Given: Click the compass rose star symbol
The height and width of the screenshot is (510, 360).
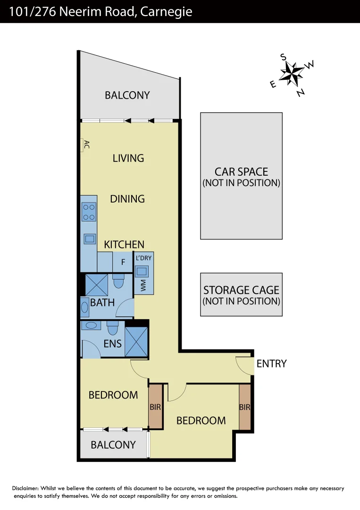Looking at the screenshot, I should tap(292, 73).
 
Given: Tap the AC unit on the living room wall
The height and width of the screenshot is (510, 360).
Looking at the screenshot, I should tap(84, 145).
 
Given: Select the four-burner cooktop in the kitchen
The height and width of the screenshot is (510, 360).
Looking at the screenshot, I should tap(89, 212).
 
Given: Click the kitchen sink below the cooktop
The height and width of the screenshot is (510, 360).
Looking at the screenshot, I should tap(90, 238).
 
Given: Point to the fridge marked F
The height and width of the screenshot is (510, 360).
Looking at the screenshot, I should tap(123, 262).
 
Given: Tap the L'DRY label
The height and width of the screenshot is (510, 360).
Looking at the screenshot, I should tap(144, 258).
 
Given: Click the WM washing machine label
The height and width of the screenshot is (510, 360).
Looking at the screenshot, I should tap(144, 285).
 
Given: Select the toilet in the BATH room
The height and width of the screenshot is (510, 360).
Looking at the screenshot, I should tap(118, 282).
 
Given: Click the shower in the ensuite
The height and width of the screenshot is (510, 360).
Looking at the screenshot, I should tap(136, 341).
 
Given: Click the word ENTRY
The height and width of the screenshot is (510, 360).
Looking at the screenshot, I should tap(271, 364).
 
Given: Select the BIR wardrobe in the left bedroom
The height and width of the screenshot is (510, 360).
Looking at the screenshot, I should tap(156, 406).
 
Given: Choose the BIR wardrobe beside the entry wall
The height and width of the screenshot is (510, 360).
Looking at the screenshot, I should tap(244, 407).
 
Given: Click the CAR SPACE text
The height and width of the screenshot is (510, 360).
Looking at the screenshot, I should tap(241, 172).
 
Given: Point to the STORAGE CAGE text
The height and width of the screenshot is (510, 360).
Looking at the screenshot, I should tap(241, 290).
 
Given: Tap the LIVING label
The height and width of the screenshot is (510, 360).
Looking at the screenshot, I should tap(128, 158).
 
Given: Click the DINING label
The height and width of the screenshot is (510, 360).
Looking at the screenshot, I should tap(127, 199).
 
